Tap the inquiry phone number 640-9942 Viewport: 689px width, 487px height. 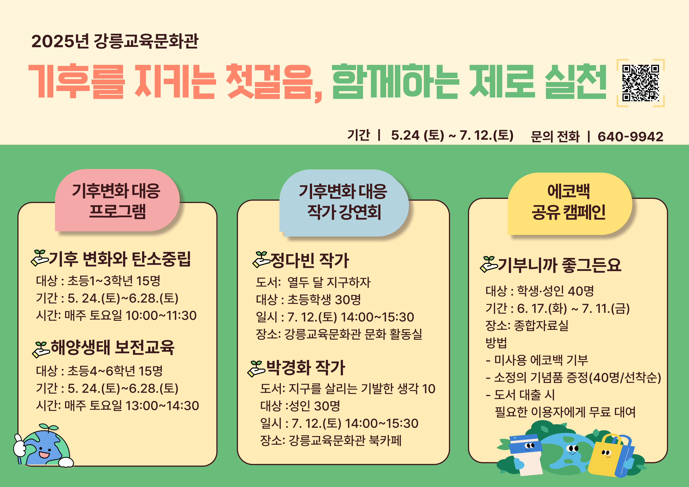(x=630, y=136)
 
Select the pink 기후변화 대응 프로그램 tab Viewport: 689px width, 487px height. (x=117, y=200)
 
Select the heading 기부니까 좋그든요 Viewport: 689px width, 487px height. (x=559, y=265)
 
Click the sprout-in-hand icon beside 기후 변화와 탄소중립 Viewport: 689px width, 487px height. (x=39, y=258)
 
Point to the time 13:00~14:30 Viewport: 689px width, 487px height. (x=162, y=405)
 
